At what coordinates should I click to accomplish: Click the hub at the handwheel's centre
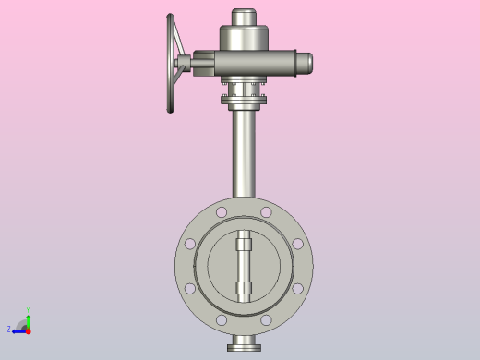coord(182,64)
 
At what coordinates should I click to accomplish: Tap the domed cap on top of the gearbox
coord(244,18)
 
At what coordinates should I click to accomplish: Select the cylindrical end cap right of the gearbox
coord(303,63)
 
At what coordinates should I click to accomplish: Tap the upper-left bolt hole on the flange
coord(222,213)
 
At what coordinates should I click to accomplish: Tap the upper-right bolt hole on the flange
coord(266,213)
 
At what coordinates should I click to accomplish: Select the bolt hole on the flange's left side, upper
coord(190,245)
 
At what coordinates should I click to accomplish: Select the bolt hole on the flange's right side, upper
coord(297,245)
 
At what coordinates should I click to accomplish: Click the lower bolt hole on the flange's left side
coord(190,289)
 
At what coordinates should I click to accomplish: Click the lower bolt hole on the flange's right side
coord(297,289)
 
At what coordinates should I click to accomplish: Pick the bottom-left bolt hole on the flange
coord(222,320)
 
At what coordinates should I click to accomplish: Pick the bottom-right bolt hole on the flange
coord(266,320)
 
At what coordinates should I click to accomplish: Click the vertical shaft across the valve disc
coord(244,267)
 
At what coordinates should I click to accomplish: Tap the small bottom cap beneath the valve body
coord(244,345)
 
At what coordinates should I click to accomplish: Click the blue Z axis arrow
coord(18,329)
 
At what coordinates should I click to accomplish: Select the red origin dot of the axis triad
coord(28,330)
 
